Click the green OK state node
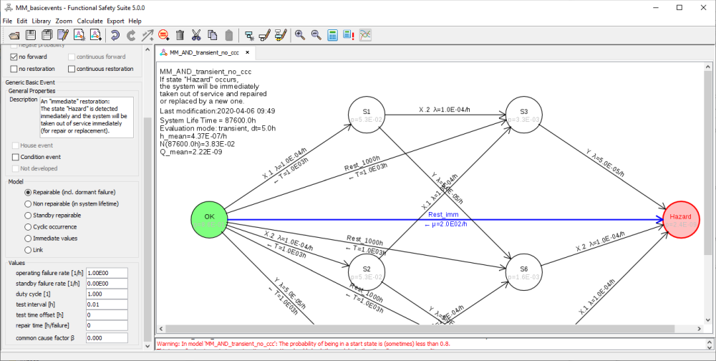[x=210, y=219]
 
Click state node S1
[x=366, y=115]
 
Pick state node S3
[x=523, y=115]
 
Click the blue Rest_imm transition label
[x=444, y=214]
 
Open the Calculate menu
[x=89, y=21]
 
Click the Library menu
[x=41, y=21]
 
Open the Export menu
[x=115, y=21]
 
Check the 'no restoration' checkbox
[x=14, y=69]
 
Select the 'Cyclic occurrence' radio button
[x=28, y=226]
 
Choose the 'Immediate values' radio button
[x=28, y=238]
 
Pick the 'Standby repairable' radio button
[x=28, y=215]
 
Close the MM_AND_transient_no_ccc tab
[x=247, y=53]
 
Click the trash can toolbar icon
[x=180, y=35]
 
